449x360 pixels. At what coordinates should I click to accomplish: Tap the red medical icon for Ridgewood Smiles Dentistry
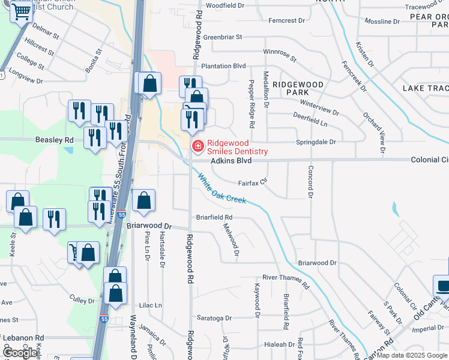tap(197, 146)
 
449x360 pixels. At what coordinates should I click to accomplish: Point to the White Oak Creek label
tap(221, 188)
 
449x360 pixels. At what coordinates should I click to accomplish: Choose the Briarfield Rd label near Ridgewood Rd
tap(214, 217)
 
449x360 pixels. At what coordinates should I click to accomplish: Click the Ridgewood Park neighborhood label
tap(298, 88)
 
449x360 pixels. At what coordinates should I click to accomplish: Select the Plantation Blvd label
tap(224, 66)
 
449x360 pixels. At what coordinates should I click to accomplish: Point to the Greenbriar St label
tap(222, 37)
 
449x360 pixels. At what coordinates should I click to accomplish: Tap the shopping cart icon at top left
tap(22, 12)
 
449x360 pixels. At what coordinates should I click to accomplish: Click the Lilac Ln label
tap(150, 305)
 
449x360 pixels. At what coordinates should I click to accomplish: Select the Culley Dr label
tap(78, 298)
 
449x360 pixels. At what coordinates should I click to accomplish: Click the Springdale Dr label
tap(316, 142)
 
